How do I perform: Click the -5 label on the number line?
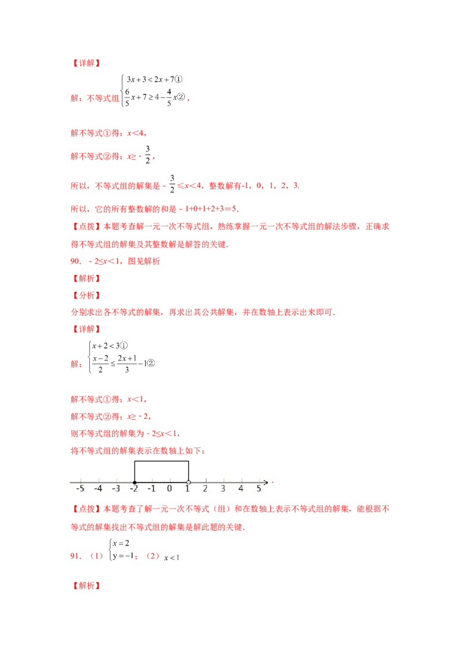(x=80, y=489)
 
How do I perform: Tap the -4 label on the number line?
(x=98, y=489)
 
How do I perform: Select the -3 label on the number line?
(x=116, y=489)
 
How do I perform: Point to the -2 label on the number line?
(x=133, y=489)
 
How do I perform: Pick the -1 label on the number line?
(x=151, y=489)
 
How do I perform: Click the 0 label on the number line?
(x=170, y=489)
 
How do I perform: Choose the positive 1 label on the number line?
(x=188, y=489)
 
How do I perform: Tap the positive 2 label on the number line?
(x=205, y=489)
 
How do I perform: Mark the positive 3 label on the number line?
(x=223, y=489)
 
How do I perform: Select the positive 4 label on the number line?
(x=241, y=489)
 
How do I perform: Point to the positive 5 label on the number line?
(x=259, y=489)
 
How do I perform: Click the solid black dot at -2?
(x=135, y=482)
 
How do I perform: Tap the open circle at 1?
(x=188, y=482)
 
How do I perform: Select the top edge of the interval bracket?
(x=161, y=461)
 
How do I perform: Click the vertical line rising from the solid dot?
(x=135, y=471)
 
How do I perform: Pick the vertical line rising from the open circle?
(x=188, y=471)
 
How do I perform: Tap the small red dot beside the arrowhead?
(x=272, y=482)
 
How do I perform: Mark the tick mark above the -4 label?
(x=99, y=481)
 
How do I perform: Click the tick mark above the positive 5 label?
(x=259, y=481)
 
